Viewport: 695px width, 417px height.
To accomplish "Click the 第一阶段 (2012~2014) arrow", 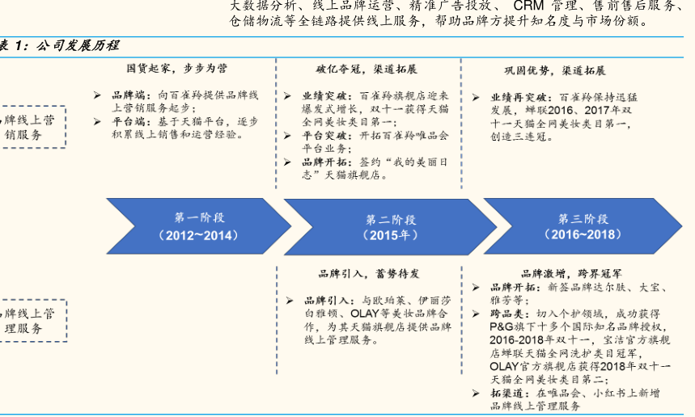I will click(198, 226).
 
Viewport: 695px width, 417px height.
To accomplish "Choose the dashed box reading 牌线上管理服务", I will click(32, 320).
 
